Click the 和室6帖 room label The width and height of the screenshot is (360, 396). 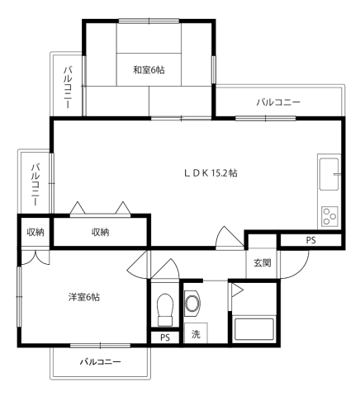[149, 70]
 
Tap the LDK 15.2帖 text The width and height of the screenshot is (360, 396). [211, 173]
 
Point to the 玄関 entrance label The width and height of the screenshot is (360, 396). [262, 263]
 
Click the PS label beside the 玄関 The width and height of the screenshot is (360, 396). [310, 240]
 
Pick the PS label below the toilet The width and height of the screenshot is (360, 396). [164, 337]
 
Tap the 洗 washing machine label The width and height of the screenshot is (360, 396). [196, 336]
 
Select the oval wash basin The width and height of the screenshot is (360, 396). [192, 303]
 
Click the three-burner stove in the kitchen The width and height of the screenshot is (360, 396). [330, 216]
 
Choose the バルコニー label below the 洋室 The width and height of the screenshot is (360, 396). [101, 362]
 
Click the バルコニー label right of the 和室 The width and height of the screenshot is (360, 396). [277, 102]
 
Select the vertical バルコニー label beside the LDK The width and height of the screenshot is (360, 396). [35, 184]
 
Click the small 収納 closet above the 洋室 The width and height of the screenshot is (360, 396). [35, 232]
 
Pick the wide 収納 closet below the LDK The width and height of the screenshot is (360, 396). [100, 233]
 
